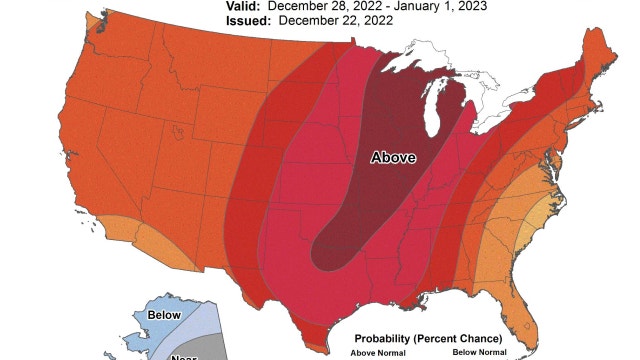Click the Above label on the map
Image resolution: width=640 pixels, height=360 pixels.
coord(392,157)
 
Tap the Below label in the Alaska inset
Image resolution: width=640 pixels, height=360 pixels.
coord(164,313)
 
